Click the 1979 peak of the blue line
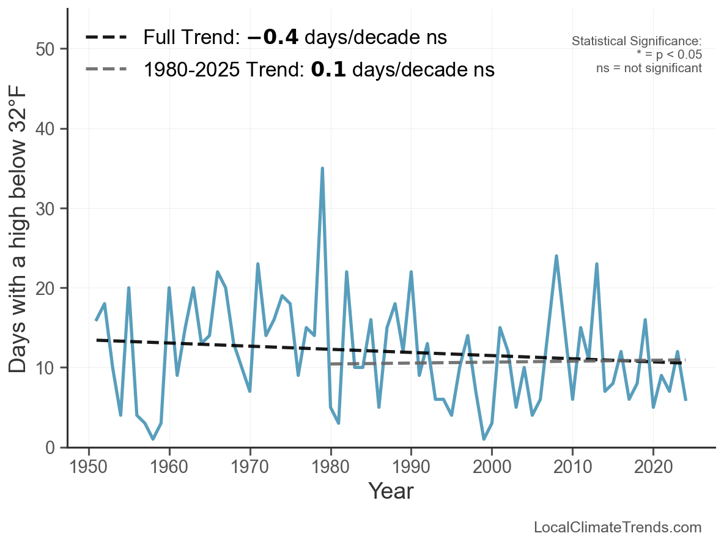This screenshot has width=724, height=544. pyautogui.click(x=322, y=168)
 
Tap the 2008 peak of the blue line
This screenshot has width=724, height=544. pyautogui.click(x=556, y=256)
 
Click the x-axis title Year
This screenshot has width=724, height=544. pyautogui.click(x=391, y=491)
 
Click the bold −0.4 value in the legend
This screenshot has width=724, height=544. pyautogui.click(x=273, y=38)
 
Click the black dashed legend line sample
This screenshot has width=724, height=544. pyautogui.click(x=106, y=38)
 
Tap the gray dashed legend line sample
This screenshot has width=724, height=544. pyautogui.click(x=106, y=70)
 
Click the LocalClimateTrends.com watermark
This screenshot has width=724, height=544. pyautogui.click(x=618, y=527)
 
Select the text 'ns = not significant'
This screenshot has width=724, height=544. pyautogui.click(x=649, y=68)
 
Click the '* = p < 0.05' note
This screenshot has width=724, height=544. pyautogui.click(x=669, y=54)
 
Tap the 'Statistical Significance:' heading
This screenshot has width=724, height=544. pyautogui.click(x=637, y=42)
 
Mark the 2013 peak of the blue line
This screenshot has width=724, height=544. pyautogui.click(x=596, y=264)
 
